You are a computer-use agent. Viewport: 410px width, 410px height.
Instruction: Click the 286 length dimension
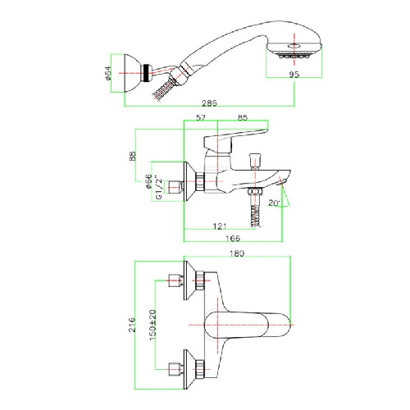[x=209, y=103]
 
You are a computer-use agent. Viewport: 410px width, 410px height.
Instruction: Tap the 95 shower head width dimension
[x=294, y=74]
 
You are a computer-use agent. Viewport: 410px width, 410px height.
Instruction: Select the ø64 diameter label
[x=108, y=73]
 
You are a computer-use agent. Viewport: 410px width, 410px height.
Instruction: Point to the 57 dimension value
[x=201, y=117]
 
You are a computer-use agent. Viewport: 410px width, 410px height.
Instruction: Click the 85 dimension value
[x=243, y=117]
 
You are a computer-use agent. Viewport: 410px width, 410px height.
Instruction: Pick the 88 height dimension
[x=133, y=156]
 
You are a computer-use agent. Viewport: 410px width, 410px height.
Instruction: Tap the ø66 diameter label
[x=148, y=181]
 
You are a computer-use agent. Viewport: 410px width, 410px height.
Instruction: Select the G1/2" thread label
[x=159, y=189]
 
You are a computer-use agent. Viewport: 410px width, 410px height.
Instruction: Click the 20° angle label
[x=274, y=203]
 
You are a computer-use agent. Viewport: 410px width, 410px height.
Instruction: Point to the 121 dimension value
[x=220, y=226]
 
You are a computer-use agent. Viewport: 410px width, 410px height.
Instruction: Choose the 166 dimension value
[x=233, y=239]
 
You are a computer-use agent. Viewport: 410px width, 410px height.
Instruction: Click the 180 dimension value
[x=237, y=253]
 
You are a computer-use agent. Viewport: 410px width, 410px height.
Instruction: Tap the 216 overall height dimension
[x=132, y=325]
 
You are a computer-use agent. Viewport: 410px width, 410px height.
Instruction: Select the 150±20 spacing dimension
[x=153, y=325]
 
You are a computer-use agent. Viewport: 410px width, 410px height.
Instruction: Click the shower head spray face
[x=294, y=56]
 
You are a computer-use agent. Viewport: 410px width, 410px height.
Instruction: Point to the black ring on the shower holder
[x=147, y=73]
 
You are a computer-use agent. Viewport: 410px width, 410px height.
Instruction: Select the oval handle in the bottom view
[x=247, y=325]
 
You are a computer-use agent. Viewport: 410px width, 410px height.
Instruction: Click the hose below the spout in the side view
[x=255, y=216]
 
